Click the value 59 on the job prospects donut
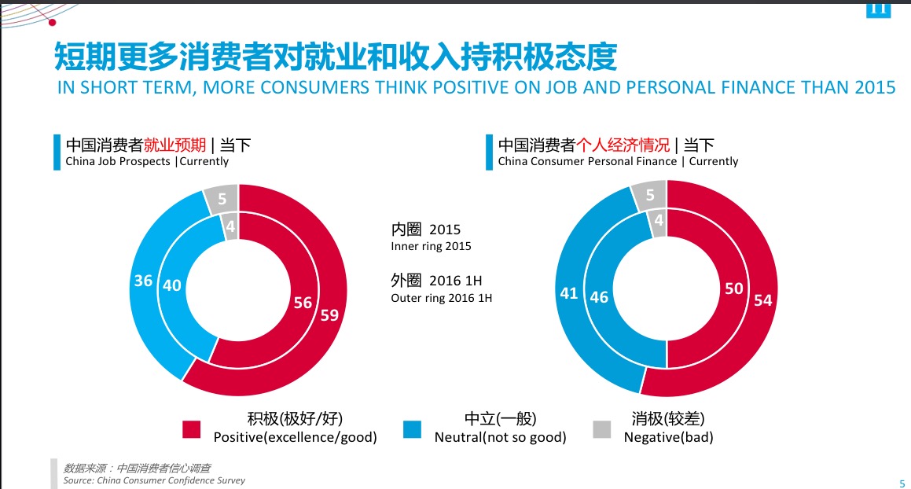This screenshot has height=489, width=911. coord(329,315)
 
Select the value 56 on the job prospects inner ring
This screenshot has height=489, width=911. coord(303,303)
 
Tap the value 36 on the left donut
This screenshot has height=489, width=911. coord(142,280)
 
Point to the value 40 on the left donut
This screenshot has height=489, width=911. coord(171,285)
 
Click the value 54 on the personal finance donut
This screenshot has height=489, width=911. coord(762,300)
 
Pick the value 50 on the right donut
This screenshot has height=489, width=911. coord(733,289)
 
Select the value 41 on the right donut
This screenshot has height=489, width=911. coord(569,293)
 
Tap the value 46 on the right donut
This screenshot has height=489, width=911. coord(599,298)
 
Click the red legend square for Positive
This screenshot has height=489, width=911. coord(192,429)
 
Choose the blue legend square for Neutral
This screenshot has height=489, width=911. coord(413,429)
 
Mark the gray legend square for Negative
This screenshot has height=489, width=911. coord(601,429)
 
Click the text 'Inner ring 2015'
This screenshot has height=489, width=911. coord(431,247)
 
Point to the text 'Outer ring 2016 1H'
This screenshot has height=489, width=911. coord(441,298)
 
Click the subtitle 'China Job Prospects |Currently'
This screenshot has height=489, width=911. coord(147,161)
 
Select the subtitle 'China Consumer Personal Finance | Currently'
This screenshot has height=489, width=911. coord(618,161)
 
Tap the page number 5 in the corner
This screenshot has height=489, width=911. coord(901,483)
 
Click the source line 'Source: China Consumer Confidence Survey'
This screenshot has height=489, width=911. coord(154,480)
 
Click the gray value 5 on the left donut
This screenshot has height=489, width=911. coord(222,199)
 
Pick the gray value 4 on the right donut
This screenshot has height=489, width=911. coord(659,221)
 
